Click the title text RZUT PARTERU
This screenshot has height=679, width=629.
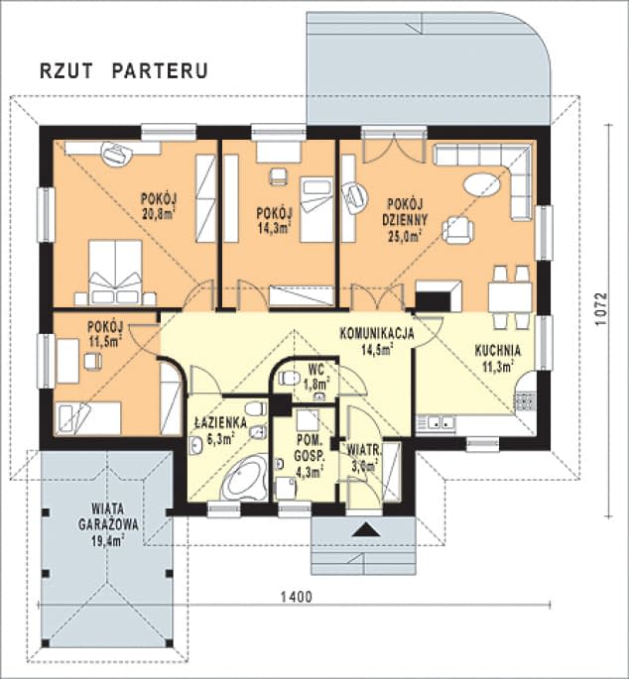pos(123,70)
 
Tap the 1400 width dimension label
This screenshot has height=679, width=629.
pos(296,597)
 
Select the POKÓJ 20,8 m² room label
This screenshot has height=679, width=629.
pos(158,204)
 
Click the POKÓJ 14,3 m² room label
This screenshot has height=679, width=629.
pos(275,219)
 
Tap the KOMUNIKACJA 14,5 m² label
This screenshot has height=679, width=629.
pos(376,340)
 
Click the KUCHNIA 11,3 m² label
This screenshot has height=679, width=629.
pos(493,358)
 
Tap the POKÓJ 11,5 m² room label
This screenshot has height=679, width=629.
pos(104,333)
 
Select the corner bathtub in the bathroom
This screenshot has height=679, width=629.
pos(242,480)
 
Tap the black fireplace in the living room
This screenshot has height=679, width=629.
pos(438,294)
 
